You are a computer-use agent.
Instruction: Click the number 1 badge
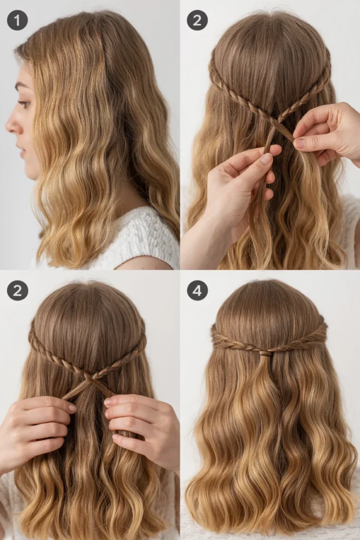pyautogui.click(x=17, y=20)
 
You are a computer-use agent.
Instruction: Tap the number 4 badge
pyautogui.click(x=197, y=291)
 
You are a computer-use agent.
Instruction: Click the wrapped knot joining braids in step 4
pyautogui.click(x=265, y=352)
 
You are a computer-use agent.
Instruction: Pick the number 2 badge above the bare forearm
pyautogui.click(x=197, y=20)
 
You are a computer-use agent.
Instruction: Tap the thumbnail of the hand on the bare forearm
pyautogui.click(x=266, y=158)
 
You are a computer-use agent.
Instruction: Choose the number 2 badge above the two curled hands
pyautogui.click(x=17, y=291)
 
